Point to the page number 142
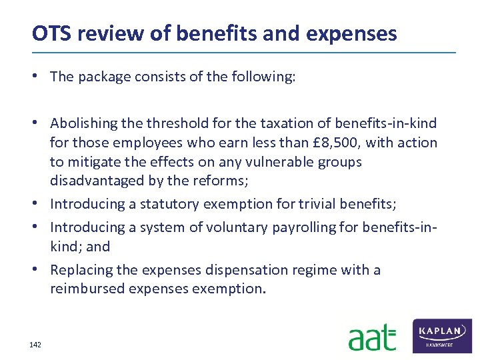point(35,345)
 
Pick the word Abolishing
point(81,123)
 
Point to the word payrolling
point(304,227)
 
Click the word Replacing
point(78,270)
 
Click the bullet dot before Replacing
point(41,270)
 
